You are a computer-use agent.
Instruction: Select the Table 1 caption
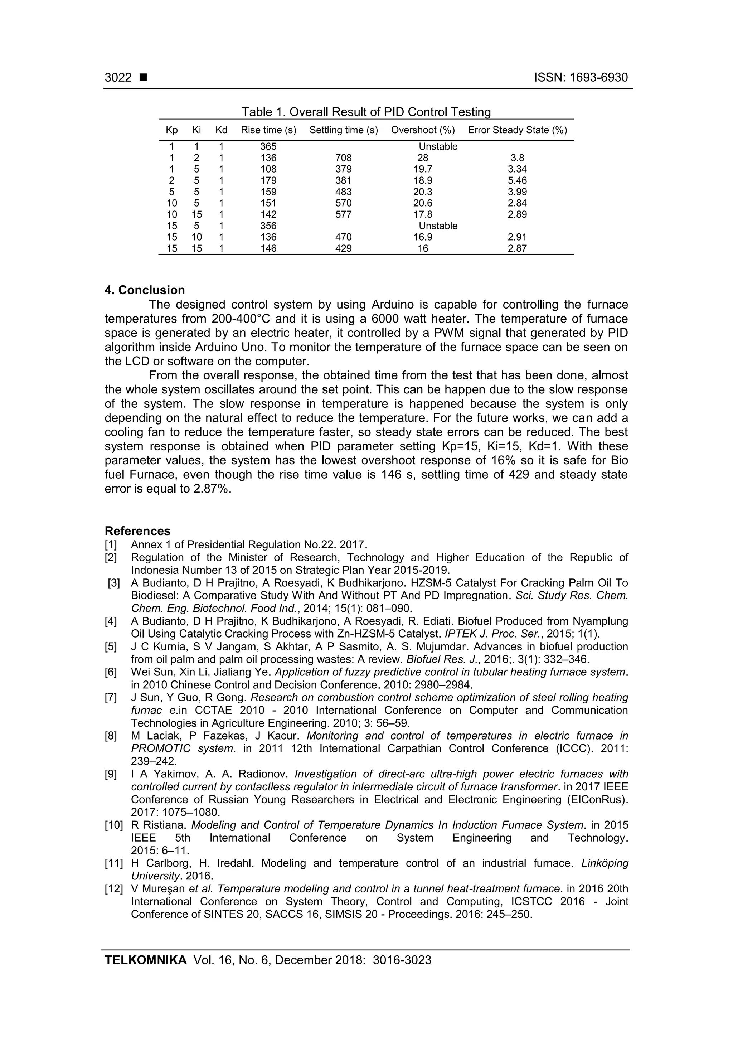366,112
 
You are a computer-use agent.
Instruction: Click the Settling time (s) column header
343,130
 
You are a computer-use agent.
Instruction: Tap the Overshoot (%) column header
423,130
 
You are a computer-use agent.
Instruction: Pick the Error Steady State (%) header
517,130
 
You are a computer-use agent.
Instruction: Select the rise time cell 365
268,147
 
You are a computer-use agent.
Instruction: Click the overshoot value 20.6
423,203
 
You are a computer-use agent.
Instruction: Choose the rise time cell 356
268,226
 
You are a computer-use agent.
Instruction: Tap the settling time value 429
343,248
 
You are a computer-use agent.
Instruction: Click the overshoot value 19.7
423,169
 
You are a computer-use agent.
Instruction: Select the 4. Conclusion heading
145,290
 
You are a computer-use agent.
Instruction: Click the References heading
137,531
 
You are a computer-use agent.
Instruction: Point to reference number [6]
111,672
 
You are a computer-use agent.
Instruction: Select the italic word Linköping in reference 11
604,863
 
